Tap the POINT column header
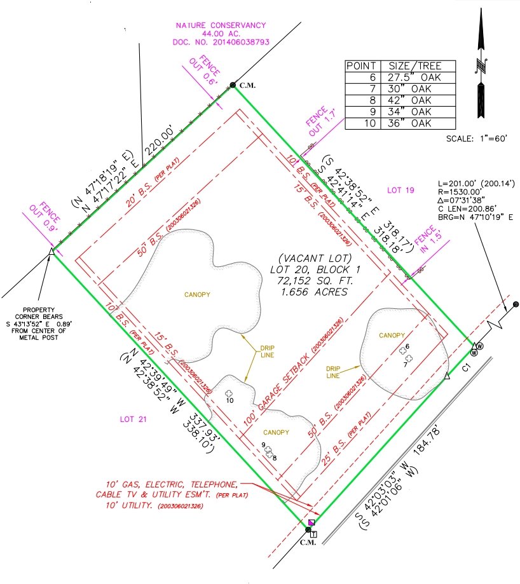[362, 66]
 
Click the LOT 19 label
[401, 190]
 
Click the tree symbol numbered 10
[229, 393]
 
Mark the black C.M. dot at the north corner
[233, 85]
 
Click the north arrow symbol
[481, 64]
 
